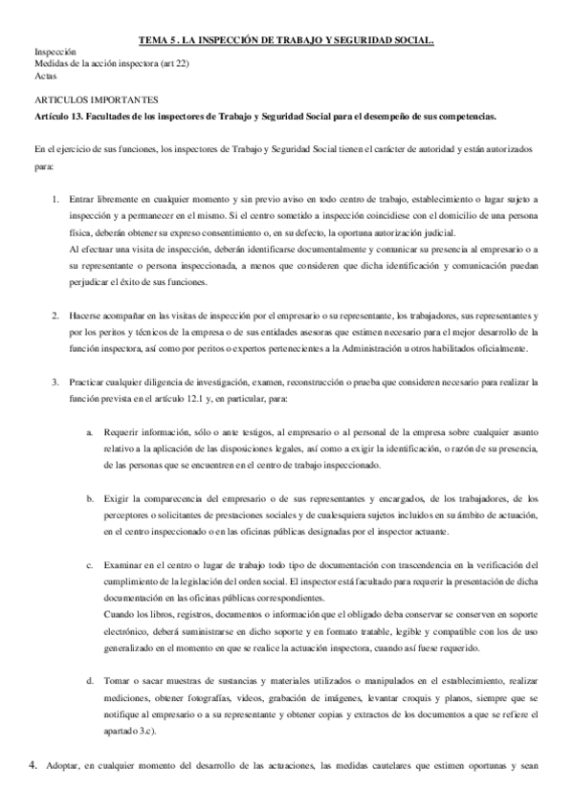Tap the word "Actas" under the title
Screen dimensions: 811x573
(44, 75)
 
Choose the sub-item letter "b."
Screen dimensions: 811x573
(90, 499)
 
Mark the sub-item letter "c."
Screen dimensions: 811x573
(90, 566)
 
